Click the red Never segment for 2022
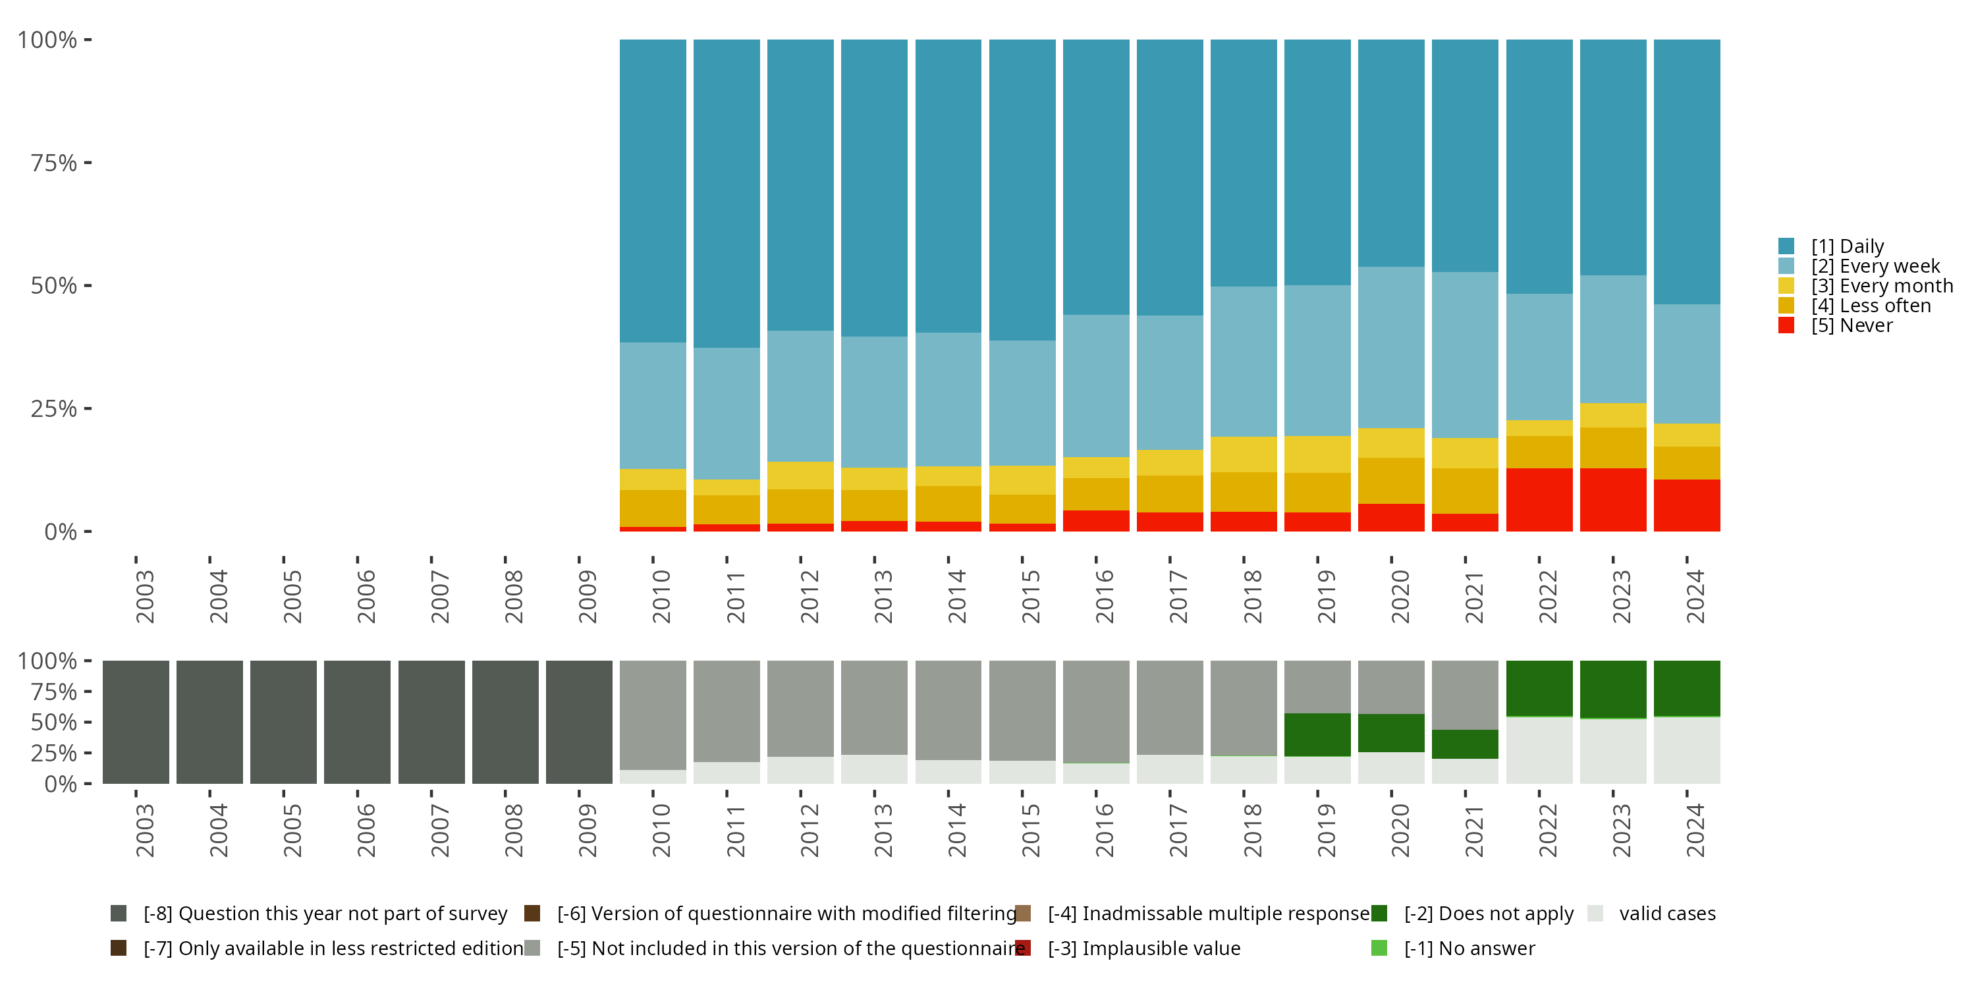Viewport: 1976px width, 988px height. (1539, 499)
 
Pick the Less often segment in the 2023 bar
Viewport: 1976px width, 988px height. (1612, 447)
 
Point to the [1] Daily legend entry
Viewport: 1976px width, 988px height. (1846, 246)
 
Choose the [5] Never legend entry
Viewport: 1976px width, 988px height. (1851, 325)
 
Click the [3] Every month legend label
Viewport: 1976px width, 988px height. (1882, 286)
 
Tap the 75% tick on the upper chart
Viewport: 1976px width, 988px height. (54, 163)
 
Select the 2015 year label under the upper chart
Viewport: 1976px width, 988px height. (1030, 596)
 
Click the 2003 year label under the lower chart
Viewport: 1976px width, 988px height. (144, 830)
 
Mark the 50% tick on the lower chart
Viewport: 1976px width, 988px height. (54, 722)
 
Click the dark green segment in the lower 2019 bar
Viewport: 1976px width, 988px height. (1317, 734)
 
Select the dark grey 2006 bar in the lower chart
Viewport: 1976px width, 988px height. (357, 722)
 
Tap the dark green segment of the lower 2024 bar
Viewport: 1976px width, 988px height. (1686, 688)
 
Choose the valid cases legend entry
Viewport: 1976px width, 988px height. (1666, 914)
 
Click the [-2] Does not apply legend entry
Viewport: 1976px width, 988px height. (1488, 914)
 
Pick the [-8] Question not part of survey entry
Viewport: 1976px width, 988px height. (325, 914)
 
